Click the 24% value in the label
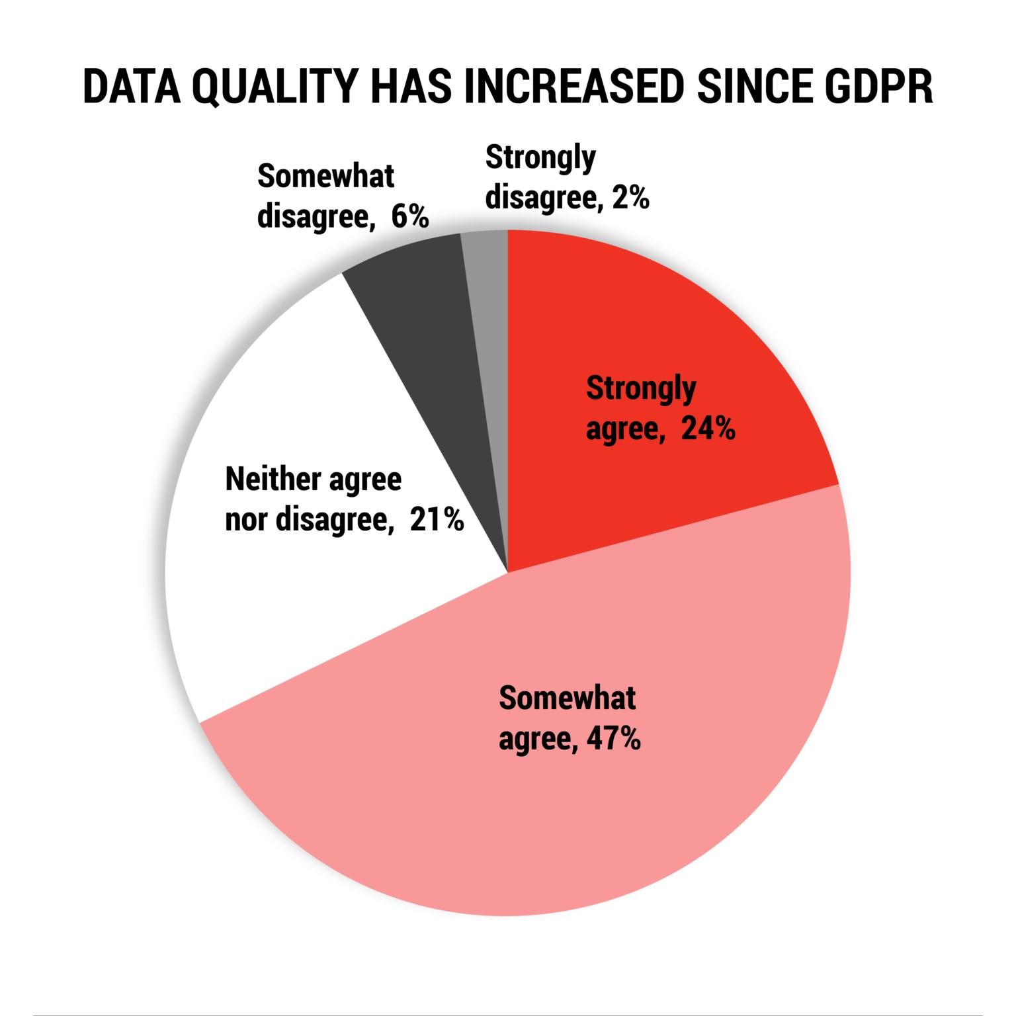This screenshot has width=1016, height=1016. (x=708, y=429)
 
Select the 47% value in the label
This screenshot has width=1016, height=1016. (x=614, y=738)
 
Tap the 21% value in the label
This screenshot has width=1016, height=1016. (x=437, y=519)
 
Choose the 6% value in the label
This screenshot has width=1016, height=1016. (x=410, y=216)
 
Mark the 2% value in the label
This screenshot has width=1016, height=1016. (x=630, y=197)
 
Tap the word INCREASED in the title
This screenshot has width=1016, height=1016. (x=573, y=85)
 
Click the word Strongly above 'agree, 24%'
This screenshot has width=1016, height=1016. (x=640, y=390)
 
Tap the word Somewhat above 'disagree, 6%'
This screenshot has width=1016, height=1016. (x=325, y=177)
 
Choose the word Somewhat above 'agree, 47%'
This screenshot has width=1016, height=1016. (x=567, y=698)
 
